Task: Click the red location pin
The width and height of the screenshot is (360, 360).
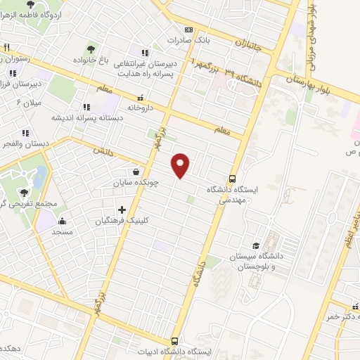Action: point(181,165)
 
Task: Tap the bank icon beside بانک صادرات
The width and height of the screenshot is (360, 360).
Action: point(188,30)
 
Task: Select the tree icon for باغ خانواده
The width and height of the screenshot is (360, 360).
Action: point(91,49)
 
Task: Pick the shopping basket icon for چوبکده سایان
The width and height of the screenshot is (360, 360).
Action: point(135,171)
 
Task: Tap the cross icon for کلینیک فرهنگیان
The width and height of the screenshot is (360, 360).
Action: point(122,209)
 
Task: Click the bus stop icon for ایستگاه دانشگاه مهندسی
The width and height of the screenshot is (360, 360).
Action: point(233,178)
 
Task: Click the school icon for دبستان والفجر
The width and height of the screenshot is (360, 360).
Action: point(26,132)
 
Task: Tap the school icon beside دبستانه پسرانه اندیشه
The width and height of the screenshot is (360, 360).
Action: point(86,107)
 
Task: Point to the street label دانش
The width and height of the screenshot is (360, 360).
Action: point(103,150)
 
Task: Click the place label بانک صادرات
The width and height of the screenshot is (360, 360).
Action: point(193,41)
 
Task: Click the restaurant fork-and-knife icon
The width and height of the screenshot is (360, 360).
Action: point(6,47)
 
